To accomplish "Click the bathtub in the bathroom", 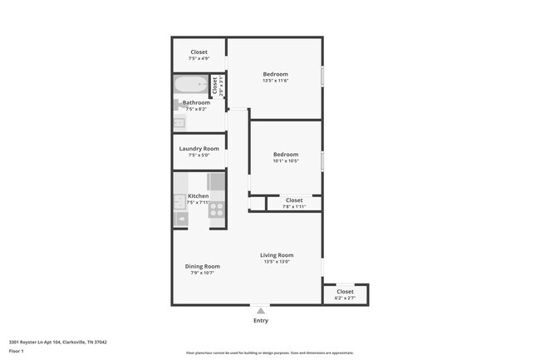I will [x=190, y=86].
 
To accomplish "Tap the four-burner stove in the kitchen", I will [x=216, y=210].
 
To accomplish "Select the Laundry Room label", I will [x=199, y=149].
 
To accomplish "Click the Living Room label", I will [x=277, y=255].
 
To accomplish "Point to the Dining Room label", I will [x=202, y=266].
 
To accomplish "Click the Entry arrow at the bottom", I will [x=260, y=310].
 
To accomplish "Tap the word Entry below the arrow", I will [x=260, y=320].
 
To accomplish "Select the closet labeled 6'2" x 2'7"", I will [x=345, y=294].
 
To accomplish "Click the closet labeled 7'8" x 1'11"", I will [x=294, y=203].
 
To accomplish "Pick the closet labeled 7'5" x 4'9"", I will [x=199, y=55].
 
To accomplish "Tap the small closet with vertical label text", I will [x=214, y=86].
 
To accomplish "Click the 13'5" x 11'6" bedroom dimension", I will [x=275, y=81].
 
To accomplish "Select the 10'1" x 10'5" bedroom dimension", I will [x=286, y=160].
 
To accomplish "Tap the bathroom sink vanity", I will [x=179, y=123].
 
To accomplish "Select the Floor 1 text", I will [x=17, y=351].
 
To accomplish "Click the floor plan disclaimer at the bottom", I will [x=269, y=353].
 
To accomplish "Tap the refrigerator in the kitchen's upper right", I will [x=216, y=181].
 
